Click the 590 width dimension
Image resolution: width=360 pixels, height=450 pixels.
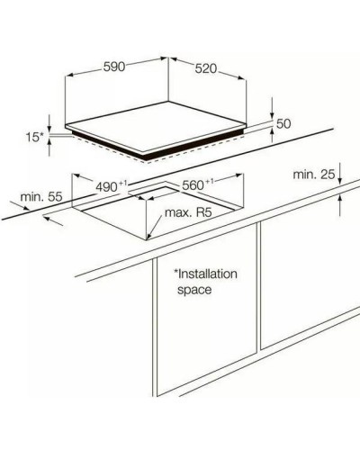tap(114, 67)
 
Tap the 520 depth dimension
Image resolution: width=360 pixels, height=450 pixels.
tap(206, 68)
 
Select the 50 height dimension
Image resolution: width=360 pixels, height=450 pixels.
tap(283, 123)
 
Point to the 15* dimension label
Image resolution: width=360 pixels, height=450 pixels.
tap(34, 138)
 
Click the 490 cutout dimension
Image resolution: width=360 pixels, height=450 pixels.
tap(106, 187)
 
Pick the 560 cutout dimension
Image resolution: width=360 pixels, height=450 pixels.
tap(193, 185)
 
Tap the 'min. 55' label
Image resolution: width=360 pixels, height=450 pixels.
tap(41, 197)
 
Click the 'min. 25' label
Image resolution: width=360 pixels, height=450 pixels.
tap(314, 175)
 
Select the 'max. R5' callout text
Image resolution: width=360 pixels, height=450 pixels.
tap(188, 212)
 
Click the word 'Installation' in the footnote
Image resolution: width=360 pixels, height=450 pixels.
tap(208, 274)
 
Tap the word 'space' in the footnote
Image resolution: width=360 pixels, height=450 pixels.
tap(194, 290)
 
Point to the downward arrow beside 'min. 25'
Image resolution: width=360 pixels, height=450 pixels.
tap(339, 173)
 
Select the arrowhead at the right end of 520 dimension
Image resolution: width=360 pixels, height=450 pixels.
tap(242, 78)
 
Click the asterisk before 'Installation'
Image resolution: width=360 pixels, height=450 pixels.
tap(176, 272)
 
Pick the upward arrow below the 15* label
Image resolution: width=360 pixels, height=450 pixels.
tap(49, 148)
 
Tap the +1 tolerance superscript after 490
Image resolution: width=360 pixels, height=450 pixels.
tap(123, 184)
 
